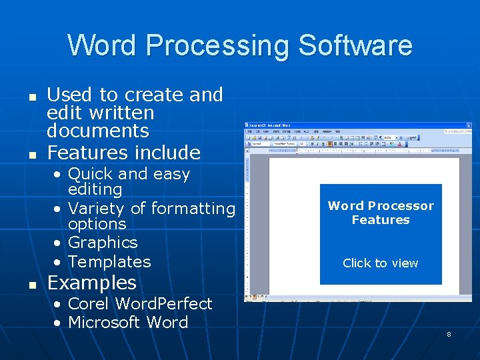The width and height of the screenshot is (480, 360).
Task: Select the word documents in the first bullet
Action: pos(97,130)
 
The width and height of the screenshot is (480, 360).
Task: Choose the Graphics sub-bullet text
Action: pos(103,243)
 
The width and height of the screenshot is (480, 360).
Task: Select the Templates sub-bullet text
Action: pos(109,261)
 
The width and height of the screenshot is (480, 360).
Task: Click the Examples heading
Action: pos(91,283)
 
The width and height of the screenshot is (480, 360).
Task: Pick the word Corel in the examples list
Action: pos(89,304)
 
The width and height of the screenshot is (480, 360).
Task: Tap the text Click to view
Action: pos(380,263)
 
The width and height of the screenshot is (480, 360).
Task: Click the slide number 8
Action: pos(449,334)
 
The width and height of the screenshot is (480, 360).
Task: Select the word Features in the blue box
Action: pos(381,220)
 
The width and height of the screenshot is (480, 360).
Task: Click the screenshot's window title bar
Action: pos(333,125)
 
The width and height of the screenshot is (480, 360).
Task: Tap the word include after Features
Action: pos(171,153)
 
